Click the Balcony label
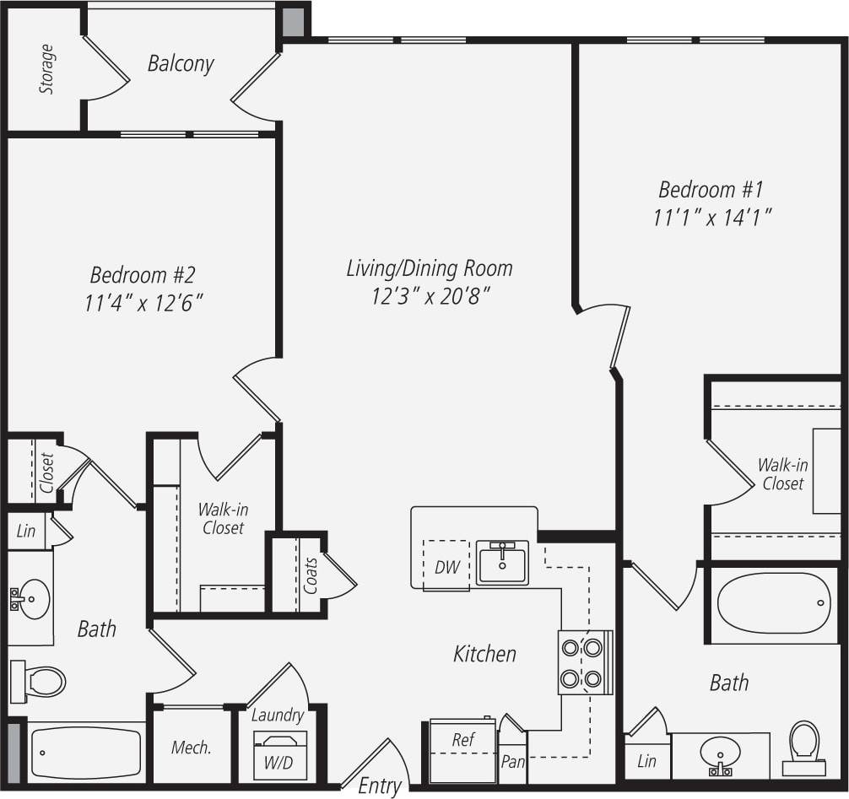(x=181, y=63)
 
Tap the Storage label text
(x=47, y=69)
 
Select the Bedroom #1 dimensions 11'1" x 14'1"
(x=714, y=218)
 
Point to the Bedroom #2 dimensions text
(x=144, y=303)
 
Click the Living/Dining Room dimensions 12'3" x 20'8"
(x=430, y=297)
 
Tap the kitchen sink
(x=503, y=562)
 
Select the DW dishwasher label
(x=447, y=567)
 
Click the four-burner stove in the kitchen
(x=582, y=661)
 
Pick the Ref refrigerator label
(x=462, y=740)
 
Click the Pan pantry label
(x=513, y=762)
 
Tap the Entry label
(x=380, y=786)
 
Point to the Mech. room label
(x=191, y=748)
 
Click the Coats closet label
(x=311, y=575)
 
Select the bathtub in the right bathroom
(x=774, y=602)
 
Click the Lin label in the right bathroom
(x=646, y=761)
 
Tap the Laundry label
(x=278, y=715)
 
